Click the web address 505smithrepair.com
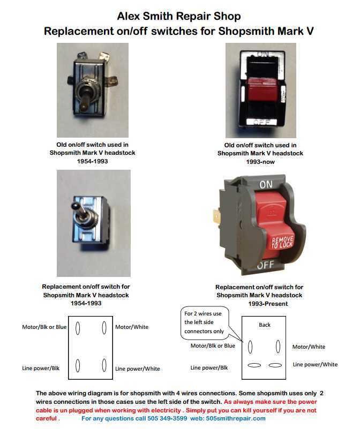[x=235, y=418]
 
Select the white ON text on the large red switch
[x=266, y=184]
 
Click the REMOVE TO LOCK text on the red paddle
[x=282, y=242]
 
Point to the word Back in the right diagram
[x=265, y=325]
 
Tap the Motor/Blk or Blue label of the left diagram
[x=44, y=327]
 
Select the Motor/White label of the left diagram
[x=132, y=327]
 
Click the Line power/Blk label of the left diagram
[x=42, y=368]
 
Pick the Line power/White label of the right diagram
[x=315, y=365]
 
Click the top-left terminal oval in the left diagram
[x=78, y=328]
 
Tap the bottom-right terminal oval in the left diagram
[x=104, y=366]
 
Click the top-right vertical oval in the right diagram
[x=278, y=347]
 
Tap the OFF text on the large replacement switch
[x=266, y=265]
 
